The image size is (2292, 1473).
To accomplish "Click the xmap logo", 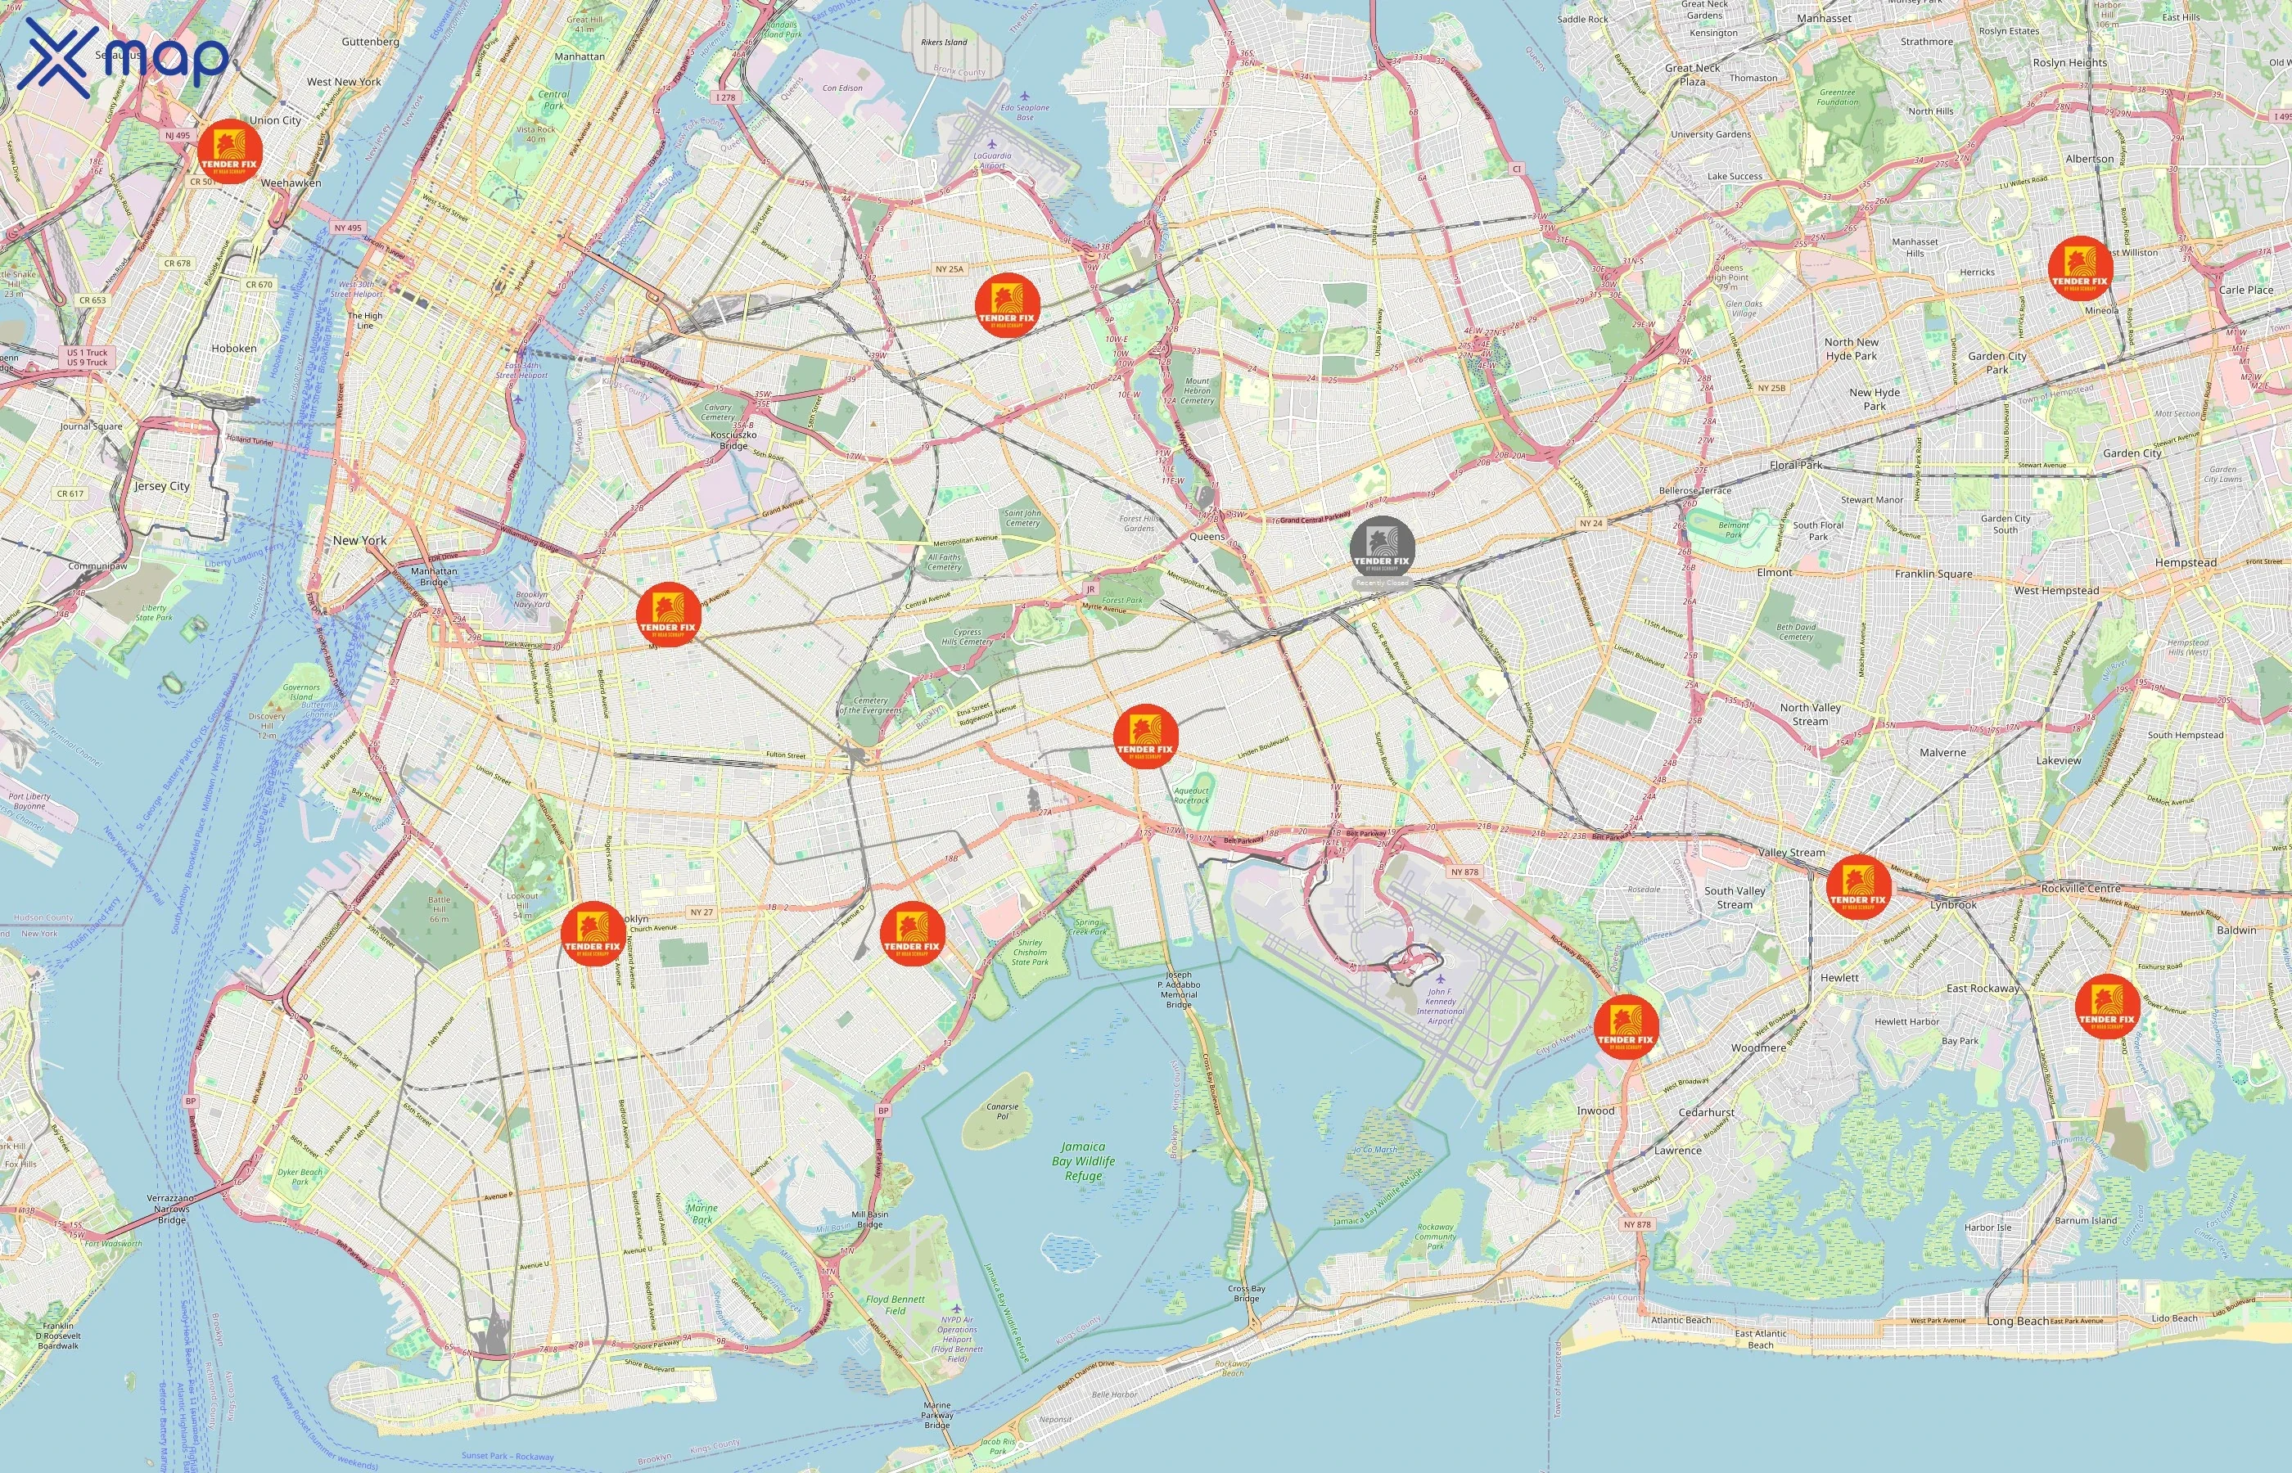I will pyautogui.click(x=123, y=57).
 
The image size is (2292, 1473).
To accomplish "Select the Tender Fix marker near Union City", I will pyautogui.click(x=229, y=152).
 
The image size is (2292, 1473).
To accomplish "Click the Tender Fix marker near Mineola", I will pyautogui.click(x=2081, y=268).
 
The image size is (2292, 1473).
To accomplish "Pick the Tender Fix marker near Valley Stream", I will pyautogui.click(x=1857, y=885).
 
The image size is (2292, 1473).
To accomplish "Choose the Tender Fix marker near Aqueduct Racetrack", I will pyautogui.click(x=1145, y=736).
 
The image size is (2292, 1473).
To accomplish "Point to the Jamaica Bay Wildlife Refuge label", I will pyautogui.click(x=1083, y=1160).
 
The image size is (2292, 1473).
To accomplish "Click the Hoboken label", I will pyautogui.click(x=233, y=348).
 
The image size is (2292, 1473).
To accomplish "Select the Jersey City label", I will pyautogui.click(x=161, y=486).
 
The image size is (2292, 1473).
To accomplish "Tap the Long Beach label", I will pyautogui.click(x=2019, y=1321).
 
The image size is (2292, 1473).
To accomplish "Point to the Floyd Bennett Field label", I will pyautogui.click(x=895, y=1304).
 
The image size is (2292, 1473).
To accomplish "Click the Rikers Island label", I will pyautogui.click(x=943, y=42).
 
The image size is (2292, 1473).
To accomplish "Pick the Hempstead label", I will pyautogui.click(x=2185, y=562).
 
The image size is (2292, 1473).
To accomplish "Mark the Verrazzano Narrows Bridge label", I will pyautogui.click(x=172, y=1209).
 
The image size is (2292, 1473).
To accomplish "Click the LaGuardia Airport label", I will pyautogui.click(x=991, y=160).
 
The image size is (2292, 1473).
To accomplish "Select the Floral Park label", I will pyautogui.click(x=1795, y=465).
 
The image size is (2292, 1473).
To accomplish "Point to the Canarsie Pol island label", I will pyautogui.click(x=1002, y=1111).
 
